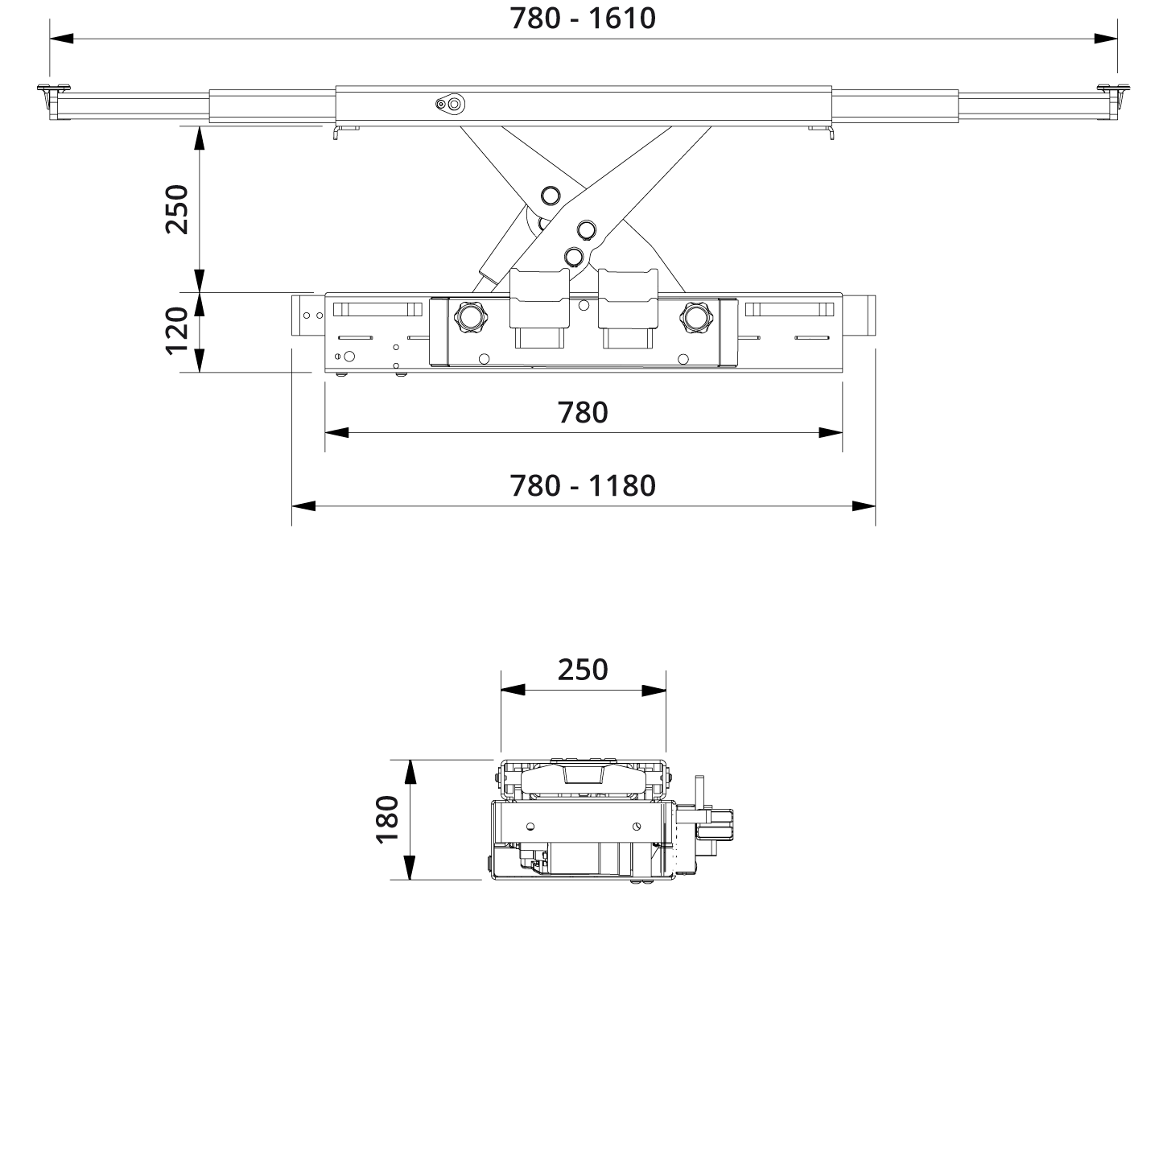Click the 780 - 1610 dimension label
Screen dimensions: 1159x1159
pyautogui.click(x=583, y=18)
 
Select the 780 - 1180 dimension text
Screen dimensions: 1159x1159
pyautogui.click(x=583, y=485)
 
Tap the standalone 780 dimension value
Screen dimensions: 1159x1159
pyautogui.click(x=583, y=412)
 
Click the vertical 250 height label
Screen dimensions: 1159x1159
pyautogui.click(x=176, y=209)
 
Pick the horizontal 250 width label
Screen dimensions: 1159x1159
pyautogui.click(x=583, y=669)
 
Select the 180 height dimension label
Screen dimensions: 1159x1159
pyautogui.click(x=387, y=818)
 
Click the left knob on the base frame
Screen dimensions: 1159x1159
pyautogui.click(x=469, y=316)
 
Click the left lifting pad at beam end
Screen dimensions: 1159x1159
pyautogui.click(x=51, y=90)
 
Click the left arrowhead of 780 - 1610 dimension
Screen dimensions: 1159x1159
pyautogui.click(x=61, y=38)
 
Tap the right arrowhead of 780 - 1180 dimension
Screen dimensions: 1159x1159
pyautogui.click(x=864, y=505)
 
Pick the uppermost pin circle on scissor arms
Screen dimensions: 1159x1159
pyautogui.click(x=551, y=196)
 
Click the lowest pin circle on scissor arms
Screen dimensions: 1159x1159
pyautogui.click(x=573, y=255)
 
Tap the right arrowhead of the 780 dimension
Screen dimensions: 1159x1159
pyautogui.click(x=831, y=432)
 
